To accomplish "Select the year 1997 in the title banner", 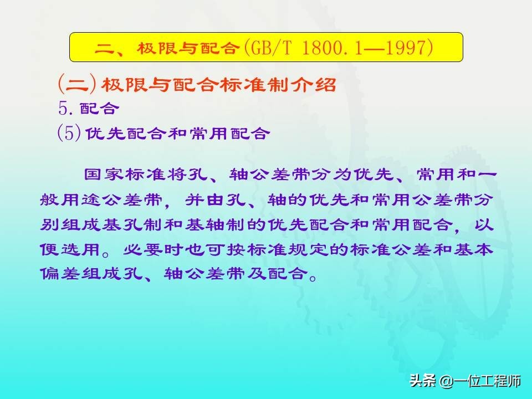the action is [x=406, y=48].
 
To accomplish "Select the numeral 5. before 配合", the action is [x=67, y=108].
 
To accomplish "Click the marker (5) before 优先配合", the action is [x=69, y=132].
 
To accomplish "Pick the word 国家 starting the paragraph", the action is [x=104, y=175].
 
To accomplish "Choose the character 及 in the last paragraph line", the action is [x=257, y=273].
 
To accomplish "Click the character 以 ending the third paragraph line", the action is [x=483, y=224].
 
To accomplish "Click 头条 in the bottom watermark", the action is [x=423, y=381].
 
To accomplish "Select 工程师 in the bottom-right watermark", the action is [x=501, y=381].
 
